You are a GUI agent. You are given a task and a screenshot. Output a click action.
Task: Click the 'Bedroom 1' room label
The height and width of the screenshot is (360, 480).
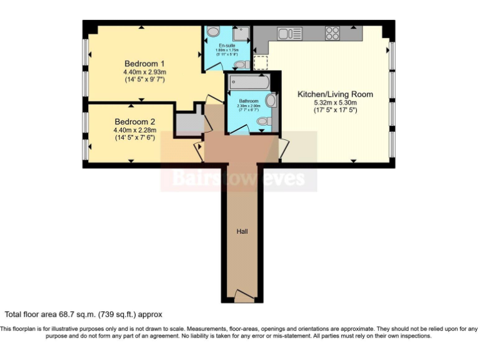(144, 64)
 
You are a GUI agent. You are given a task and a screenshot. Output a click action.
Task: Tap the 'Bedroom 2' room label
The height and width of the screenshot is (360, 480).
(134, 122)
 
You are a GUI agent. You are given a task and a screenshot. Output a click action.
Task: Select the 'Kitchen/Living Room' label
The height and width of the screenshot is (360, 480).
(335, 94)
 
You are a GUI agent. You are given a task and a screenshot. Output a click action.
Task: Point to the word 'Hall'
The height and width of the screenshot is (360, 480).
(242, 232)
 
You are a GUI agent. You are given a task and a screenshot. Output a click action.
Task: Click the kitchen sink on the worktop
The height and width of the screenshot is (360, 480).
(290, 33)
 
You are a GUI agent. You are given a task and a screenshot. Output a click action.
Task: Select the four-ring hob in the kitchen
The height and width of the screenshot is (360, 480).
(332, 32)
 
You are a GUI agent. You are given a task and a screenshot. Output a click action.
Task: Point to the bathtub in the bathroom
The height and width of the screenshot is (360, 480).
(249, 82)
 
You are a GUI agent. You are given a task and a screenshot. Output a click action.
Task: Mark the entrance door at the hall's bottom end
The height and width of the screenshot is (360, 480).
(242, 296)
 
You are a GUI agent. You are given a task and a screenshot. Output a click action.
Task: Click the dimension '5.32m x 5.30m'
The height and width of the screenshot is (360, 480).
(335, 102)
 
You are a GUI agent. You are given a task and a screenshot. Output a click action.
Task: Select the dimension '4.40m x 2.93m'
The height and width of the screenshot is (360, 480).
(144, 72)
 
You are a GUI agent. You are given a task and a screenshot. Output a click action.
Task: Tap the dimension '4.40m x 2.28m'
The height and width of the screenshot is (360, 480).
(134, 130)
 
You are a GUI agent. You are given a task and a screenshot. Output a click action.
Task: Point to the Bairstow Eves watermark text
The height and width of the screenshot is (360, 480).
(239, 179)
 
